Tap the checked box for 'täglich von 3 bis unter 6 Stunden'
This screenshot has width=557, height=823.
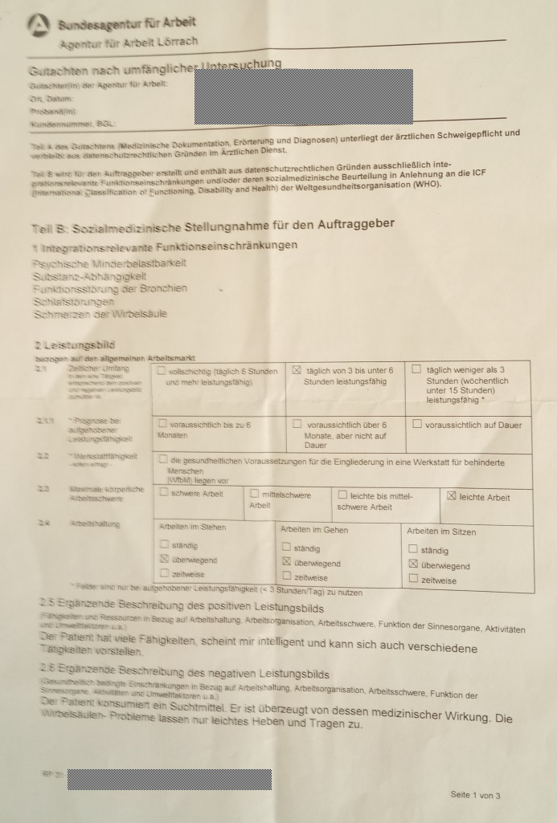tap(296, 370)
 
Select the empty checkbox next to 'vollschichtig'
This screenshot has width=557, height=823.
tap(162, 371)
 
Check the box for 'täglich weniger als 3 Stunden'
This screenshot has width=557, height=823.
tap(416, 369)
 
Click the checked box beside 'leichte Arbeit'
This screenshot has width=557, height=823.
tap(451, 496)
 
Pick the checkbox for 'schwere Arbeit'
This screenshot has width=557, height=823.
tap(164, 492)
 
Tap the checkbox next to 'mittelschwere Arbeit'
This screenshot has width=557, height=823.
tap(255, 494)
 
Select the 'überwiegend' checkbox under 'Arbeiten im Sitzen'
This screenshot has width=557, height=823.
tap(413, 564)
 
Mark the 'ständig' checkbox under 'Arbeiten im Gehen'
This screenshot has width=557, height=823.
tap(286, 548)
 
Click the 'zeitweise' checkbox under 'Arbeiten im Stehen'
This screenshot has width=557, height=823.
tap(164, 573)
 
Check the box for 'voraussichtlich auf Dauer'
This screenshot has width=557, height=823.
tap(416, 423)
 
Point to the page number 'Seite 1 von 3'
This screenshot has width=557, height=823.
tap(475, 795)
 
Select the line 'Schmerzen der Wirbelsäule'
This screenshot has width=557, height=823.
tap(100, 314)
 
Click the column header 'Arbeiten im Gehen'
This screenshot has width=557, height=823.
tap(314, 530)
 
